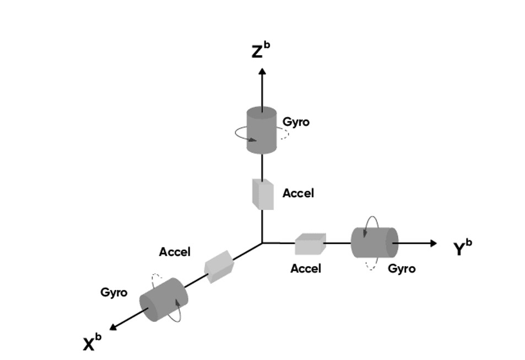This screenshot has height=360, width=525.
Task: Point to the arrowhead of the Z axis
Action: [x=262, y=72]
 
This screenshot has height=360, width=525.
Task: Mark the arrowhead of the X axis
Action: [x=113, y=327]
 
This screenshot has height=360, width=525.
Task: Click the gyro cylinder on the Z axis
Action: [x=261, y=131]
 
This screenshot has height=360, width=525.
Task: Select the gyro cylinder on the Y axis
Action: [x=374, y=243]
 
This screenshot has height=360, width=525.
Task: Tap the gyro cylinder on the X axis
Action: [x=164, y=299]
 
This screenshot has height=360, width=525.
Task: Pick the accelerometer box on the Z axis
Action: [x=263, y=194]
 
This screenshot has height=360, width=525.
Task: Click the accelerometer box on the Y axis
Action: [x=310, y=244]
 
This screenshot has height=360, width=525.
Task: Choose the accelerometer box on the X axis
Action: [x=219, y=266]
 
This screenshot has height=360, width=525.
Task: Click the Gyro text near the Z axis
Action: [x=296, y=122]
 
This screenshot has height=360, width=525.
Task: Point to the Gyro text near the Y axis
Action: [x=402, y=269]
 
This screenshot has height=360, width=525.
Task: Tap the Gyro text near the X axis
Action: [x=114, y=292]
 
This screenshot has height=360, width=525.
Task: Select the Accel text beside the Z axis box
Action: [x=298, y=194]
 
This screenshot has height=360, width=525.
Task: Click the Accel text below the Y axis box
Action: [x=306, y=268]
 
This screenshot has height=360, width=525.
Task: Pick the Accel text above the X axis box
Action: [x=175, y=252]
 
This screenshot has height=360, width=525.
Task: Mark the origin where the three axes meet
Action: [x=262, y=243]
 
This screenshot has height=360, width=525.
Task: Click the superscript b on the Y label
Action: [x=469, y=242]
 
